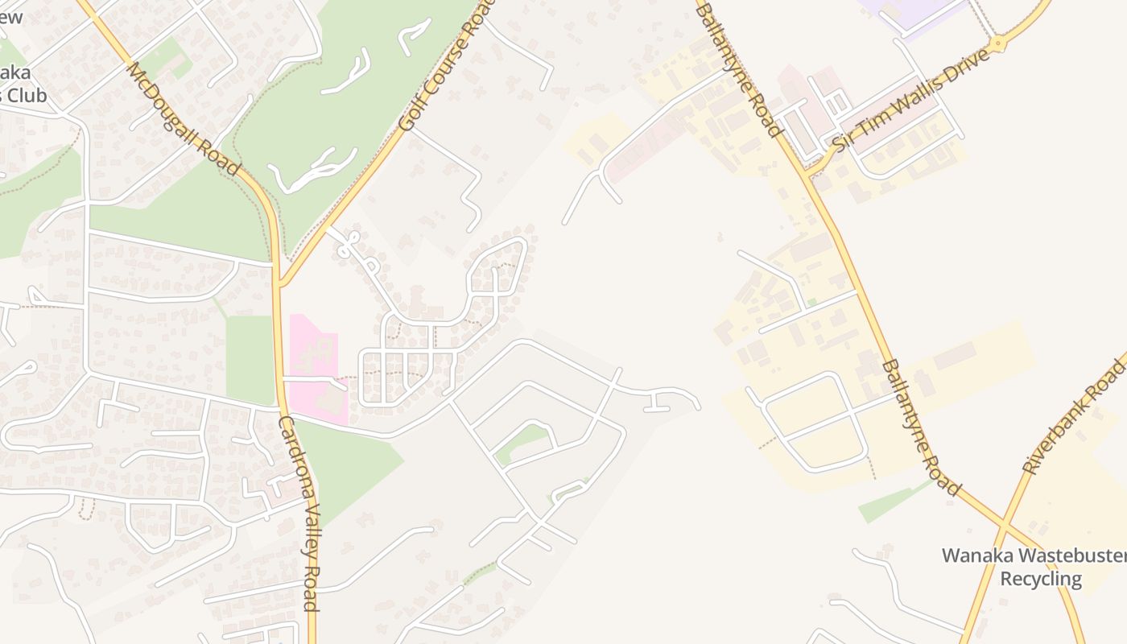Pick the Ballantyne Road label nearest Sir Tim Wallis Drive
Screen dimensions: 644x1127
[x=738, y=68]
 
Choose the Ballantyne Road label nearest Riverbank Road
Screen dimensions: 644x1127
[x=921, y=427]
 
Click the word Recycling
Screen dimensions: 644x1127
[x=1041, y=579]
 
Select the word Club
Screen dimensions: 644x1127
[x=30, y=95]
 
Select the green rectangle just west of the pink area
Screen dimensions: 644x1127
[x=250, y=358]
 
